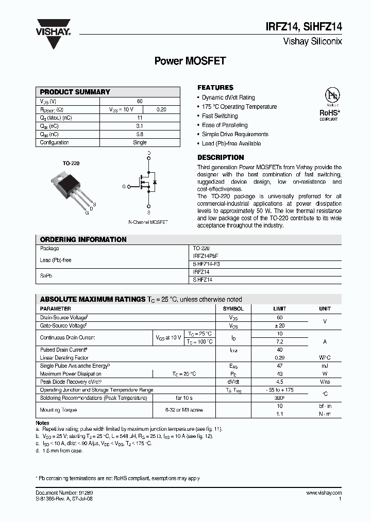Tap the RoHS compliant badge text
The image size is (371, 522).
click(329, 112)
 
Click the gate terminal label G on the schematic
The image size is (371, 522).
click(124, 186)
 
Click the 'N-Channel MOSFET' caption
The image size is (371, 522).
click(148, 222)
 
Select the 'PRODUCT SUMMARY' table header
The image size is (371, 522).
click(75, 92)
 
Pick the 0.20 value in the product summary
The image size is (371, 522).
click(161, 110)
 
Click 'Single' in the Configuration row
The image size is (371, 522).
click(140, 142)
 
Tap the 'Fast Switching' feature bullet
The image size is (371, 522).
click(220, 116)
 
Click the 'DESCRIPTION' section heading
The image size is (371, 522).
click(221, 157)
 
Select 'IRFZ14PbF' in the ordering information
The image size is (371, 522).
click(204, 256)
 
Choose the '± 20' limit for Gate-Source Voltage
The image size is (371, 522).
click(279, 326)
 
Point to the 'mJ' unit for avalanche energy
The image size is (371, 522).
click(325, 366)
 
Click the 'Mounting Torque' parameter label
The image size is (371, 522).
click(58, 410)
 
